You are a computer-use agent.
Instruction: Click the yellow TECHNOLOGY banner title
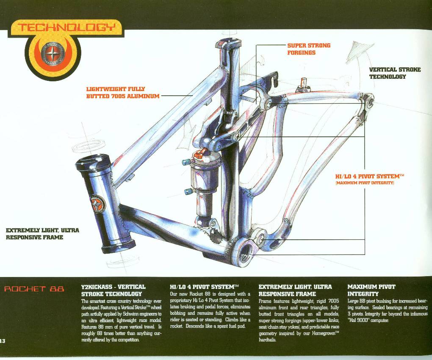pos(66,28)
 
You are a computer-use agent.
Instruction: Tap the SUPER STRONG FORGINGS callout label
pos(309,49)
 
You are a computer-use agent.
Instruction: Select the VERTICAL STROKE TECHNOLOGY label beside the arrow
pos(395,73)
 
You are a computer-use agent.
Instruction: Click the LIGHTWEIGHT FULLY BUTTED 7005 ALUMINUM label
pos(123,93)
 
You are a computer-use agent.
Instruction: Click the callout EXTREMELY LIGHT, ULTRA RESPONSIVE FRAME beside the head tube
pos(42,233)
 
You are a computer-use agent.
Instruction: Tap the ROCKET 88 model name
pos(34,289)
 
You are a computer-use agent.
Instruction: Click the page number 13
pos(3,341)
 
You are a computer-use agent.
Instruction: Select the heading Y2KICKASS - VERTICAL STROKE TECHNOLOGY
pos(113,290)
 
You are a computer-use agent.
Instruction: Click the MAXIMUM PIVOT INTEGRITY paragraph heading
pos(371,290)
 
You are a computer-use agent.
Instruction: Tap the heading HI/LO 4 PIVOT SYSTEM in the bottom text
pos(204,287)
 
